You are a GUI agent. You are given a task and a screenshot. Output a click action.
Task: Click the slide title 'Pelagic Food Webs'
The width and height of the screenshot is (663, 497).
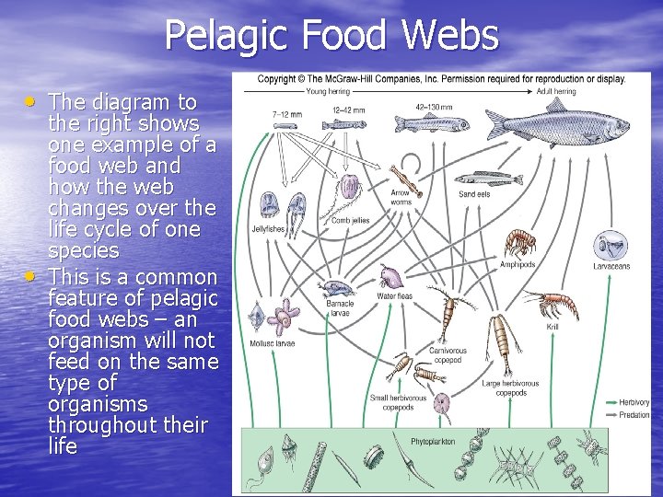tap(331, 36)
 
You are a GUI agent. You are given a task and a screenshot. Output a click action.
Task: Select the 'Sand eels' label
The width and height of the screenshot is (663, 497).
tap(474, 195)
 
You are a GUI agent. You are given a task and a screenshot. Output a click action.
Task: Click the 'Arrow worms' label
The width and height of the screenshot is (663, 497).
tap(401, 197)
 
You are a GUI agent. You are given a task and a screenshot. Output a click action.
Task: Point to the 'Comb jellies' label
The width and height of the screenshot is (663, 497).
tap(351, 220)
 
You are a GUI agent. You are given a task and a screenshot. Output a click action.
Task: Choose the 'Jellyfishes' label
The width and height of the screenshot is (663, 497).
tap(269, 229)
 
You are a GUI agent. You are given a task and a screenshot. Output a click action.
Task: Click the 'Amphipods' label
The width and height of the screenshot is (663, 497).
tap(518, 265)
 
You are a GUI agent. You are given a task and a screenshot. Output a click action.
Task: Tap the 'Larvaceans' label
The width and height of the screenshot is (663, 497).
tap(611, 267)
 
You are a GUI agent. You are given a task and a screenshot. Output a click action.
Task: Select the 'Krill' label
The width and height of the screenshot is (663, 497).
tap(552, 328)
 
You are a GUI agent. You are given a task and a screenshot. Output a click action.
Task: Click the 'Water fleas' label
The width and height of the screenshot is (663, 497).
tap(394, 296)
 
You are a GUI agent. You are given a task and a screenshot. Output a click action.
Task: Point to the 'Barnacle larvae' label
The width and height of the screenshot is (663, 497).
tap(340, 307)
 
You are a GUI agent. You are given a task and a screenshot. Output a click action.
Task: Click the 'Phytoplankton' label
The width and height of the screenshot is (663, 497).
tap(433, 442)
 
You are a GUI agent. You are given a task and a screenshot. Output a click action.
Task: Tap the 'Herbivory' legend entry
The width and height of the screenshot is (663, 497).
tap(634, 402)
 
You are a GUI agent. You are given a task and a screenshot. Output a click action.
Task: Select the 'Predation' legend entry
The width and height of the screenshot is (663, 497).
tap(634, 415)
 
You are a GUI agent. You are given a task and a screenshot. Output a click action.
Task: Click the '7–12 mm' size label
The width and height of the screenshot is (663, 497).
tap(285, 114)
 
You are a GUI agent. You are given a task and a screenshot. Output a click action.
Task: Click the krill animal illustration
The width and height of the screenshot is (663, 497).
tap(549, 304)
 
